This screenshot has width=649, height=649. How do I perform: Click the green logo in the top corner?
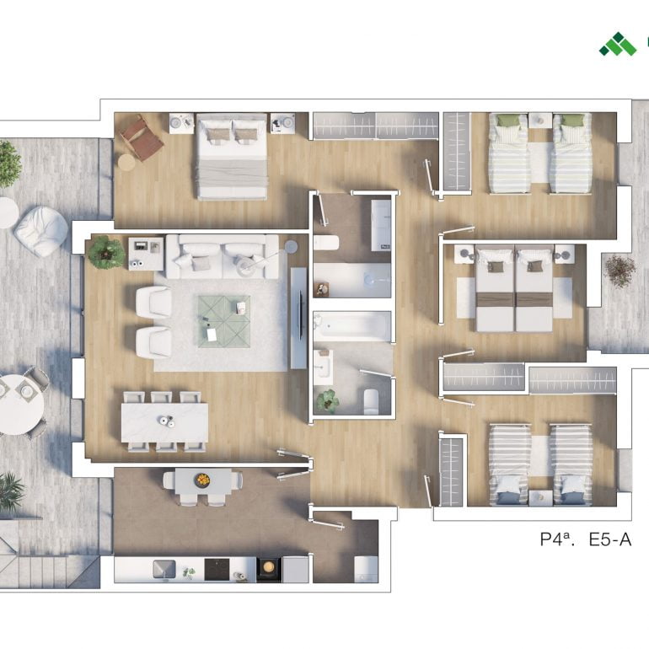[x=618, y=44]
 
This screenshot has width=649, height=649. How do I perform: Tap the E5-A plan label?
[x=610, y=539]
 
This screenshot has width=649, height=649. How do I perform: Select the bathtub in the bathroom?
[x=352, y=326]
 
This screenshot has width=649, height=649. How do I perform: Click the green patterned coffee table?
[x=224, y=322]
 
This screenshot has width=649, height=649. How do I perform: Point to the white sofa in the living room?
[x=223, y=256]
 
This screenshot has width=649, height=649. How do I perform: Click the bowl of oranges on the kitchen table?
[x=202, y=480]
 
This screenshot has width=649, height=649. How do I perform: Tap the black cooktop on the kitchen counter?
[x=217, y=570]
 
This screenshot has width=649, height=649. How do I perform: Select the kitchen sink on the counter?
[x=164, y=569]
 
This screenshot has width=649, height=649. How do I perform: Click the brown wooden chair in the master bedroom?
[x=142, y=137]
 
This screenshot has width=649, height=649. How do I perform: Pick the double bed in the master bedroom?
[x=232, y=157]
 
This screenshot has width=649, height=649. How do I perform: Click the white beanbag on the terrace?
[x=41, y=231]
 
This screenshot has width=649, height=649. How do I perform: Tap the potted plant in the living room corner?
[x=106, y=252]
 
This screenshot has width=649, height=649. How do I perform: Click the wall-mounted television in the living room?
[x=299, y=318]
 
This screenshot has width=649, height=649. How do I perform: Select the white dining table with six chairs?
[x=164, y=421]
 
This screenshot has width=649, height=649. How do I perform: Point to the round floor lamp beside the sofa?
[x=291, y=246]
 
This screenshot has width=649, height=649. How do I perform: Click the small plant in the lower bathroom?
[x=327, y=400]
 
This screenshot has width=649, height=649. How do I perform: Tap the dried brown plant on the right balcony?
[x=619, y=271]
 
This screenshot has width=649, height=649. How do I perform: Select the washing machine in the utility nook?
[x=366, y=569]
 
